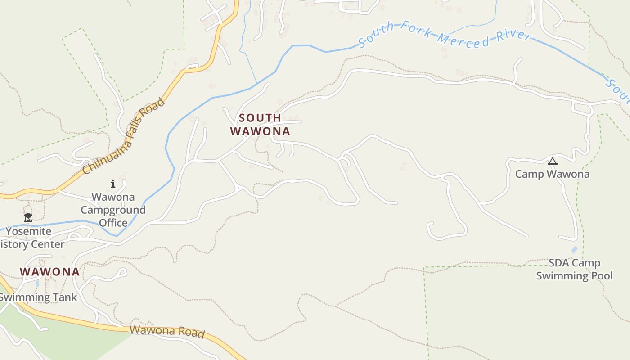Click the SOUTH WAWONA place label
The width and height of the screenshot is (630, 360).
[260, 125]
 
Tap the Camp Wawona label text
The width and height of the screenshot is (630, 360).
[552, 174]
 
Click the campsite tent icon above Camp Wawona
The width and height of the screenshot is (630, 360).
[552, 162]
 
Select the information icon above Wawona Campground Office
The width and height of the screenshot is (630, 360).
[113, 184]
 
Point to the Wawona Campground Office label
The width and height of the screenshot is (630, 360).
[113, 210]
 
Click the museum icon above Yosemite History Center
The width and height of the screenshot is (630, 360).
[28, 218]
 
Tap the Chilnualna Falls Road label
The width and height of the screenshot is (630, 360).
[124, 137]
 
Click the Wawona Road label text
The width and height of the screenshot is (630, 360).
[167, 332]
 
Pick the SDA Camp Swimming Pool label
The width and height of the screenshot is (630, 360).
[574, 269]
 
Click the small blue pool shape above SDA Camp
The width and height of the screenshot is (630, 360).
[574, 249]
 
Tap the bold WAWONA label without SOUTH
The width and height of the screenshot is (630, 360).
[49, 272]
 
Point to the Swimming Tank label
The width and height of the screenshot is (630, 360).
[38, 297]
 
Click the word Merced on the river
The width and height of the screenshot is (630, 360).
[463, 39]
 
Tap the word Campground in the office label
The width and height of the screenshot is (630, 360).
[113, 210]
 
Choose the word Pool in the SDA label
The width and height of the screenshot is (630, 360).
[602, 275]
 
